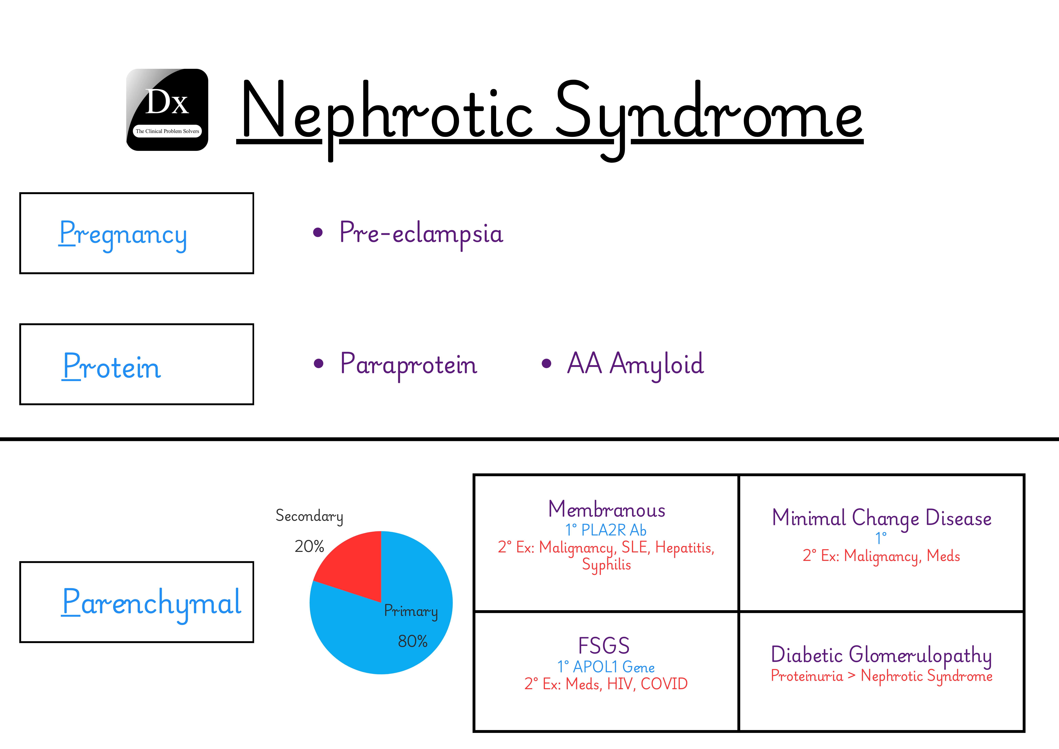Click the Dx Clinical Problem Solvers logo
click(x=167, y=110)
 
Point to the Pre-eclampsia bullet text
click(x=421, y=233)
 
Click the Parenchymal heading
click(x=151, y=602)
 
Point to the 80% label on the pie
click(x=412, y=641)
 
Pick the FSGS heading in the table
click(x=604, y=645)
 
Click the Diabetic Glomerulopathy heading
click(x=881, y=654)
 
